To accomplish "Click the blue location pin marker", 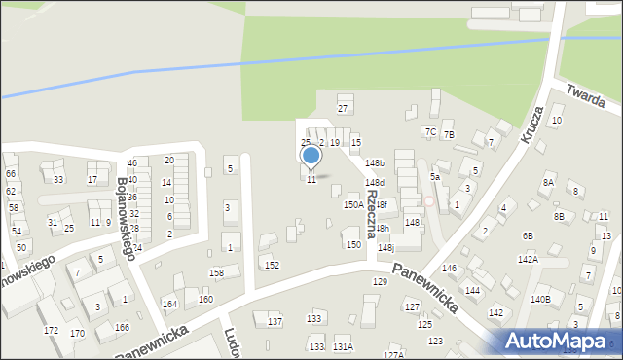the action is tap(311, 157).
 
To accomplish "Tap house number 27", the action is tap(343, 108).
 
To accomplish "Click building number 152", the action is tap(273, 265).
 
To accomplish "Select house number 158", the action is tap(216, 273).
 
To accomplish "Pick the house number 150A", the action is tap(353, 205).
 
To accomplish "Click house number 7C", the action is tap(430, 131).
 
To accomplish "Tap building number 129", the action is tap(380, 281).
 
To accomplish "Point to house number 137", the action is tap(275, 321).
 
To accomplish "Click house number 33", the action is tap(58, 180).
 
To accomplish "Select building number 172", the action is tap(51, 331).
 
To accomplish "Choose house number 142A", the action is tap(528, 260).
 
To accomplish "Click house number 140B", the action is tap(540, 300).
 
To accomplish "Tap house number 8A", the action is tap(548, 183).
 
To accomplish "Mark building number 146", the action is tap(449, 268).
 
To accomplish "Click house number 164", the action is tap(169, 305).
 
